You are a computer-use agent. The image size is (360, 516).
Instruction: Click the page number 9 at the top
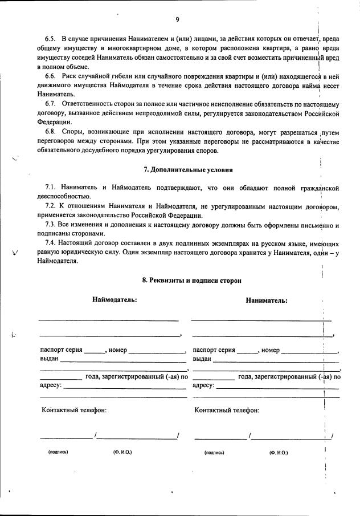tap(177, 20)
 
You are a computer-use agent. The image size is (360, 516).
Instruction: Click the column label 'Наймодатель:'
tap(114, 300)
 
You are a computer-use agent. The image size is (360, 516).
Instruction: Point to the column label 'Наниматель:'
tap(267, 300)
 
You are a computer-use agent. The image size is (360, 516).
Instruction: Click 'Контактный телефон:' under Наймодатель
tap(74, 410)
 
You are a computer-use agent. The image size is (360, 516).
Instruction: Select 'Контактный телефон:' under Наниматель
tap(227, 410)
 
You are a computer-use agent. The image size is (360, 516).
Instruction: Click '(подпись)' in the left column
tap(58, 452)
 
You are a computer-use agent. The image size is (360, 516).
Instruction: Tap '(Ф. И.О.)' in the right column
tap(279, 452)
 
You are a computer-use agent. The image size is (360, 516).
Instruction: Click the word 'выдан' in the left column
tap(49, 359)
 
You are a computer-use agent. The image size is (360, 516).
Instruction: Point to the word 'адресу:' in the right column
tap(203, 385)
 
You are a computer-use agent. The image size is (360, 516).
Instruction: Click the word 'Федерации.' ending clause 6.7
tap(55, 122)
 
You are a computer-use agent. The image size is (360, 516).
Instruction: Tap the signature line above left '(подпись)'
tap(65, 438)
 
